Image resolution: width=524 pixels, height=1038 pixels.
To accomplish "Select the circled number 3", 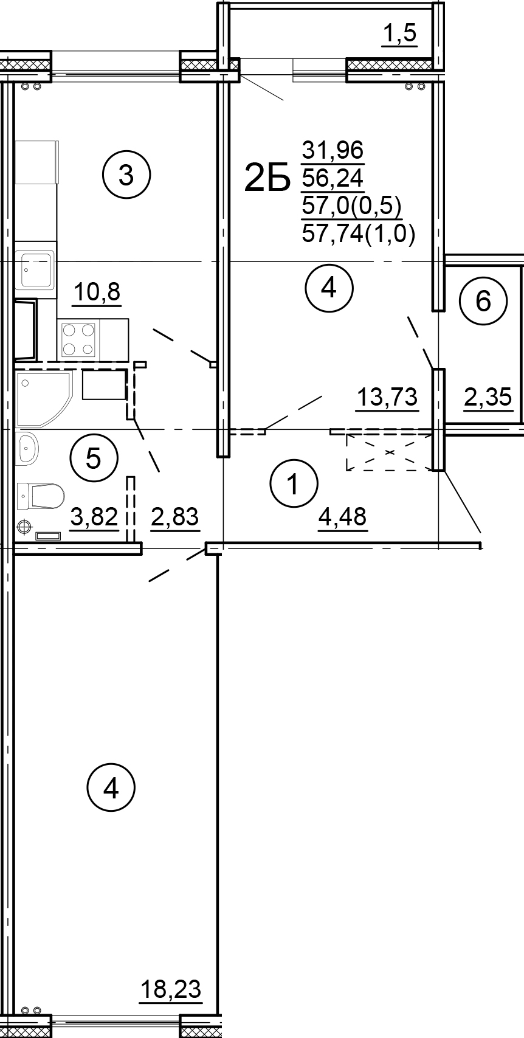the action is tap(126, 176).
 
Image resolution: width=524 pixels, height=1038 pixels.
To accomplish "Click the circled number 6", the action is tap(483, 302).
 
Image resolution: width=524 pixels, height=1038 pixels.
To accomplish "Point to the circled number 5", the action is tap(94, 458).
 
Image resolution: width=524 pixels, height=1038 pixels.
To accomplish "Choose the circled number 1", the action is tap(294, 484).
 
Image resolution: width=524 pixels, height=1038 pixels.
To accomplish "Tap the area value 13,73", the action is tap(387, 398).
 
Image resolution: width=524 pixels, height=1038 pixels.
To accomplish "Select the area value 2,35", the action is tap(488, 398).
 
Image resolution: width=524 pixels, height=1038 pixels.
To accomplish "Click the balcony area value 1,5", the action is tap(400, 34).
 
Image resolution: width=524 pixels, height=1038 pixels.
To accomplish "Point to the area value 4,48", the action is tap(342, 516).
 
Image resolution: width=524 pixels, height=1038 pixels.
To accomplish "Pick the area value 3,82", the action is tap(94, 517).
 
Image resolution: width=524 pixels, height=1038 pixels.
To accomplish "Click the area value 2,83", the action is tap(174, 517).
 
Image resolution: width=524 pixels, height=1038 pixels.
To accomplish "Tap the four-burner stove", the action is tap(79, 340).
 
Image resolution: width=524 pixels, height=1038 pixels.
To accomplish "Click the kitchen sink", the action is tap(36, 269).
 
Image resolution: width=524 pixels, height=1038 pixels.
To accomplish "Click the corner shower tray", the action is tap(44, 398).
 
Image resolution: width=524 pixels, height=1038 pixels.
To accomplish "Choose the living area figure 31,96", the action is tap(333, 150).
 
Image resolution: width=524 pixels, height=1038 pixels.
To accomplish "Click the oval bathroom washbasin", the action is tap(27, 449).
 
